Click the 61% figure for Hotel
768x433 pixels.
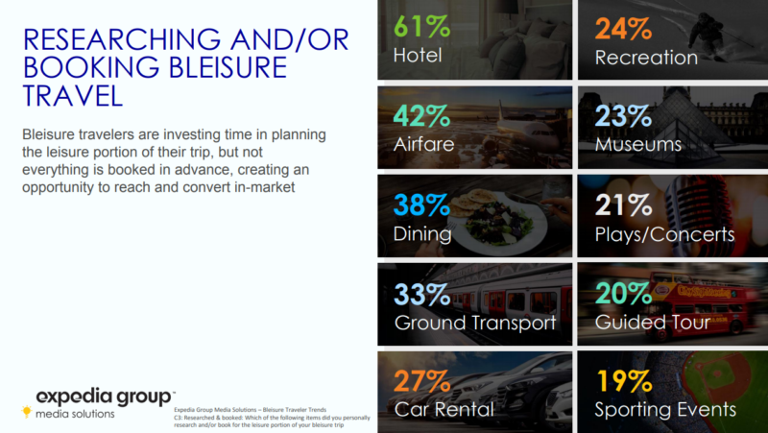[x=421, y=26]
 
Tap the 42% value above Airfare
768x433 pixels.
[x=421, y=115]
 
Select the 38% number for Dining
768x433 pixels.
[x=421, y=204]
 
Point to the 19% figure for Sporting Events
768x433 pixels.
[x=624, y=380]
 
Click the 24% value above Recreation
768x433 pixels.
[x=623, y=29]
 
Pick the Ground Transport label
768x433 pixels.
[x=475, y=323]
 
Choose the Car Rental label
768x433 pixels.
[x=444, y=410]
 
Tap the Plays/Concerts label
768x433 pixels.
[x=664, y=234]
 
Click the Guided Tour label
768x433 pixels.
[x=653, y=322]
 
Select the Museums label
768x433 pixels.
[x=638, y=144]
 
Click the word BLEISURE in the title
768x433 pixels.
[x=228, y=67]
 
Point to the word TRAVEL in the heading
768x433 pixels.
[x=73, y=95]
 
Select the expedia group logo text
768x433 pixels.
[x=104, y=397]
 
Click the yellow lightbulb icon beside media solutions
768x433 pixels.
[x=27, y=412]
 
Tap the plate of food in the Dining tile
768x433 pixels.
[x=494, y=221]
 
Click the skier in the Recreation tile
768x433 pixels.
[x=706, y=36]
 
